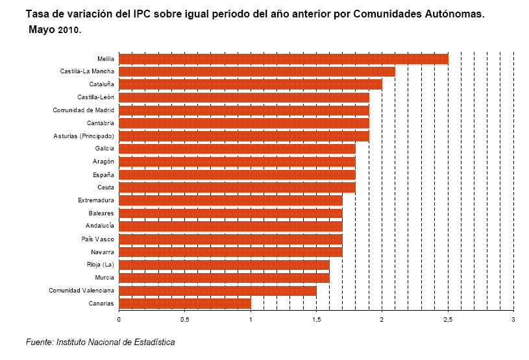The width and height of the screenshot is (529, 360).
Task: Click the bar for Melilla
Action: point(283,58)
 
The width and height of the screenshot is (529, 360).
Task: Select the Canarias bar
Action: point(184,303)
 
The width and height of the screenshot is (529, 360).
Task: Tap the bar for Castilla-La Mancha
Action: point(256,71)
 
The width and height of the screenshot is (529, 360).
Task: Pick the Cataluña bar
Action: point(250,84)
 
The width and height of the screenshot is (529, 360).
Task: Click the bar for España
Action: point(237,174)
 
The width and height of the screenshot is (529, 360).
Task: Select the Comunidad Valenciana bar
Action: point(217,290)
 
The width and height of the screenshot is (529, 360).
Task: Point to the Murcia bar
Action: point(224,278)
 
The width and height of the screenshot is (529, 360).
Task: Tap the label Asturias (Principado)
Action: point(84,136)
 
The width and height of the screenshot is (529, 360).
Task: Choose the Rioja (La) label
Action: point(101,265)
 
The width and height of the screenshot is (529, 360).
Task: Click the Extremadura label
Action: point(96,200)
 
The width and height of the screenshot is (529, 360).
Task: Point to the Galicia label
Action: point(105,149)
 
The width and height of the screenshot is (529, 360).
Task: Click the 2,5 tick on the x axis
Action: point(448,320)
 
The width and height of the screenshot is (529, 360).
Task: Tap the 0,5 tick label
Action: point(184,320)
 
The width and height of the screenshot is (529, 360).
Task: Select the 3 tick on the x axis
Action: point(513,320)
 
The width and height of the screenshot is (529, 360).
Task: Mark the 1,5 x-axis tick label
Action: point(316,320)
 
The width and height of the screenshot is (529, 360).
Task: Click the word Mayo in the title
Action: point(42,29)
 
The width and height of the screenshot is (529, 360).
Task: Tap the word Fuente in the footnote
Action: point(40,342)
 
